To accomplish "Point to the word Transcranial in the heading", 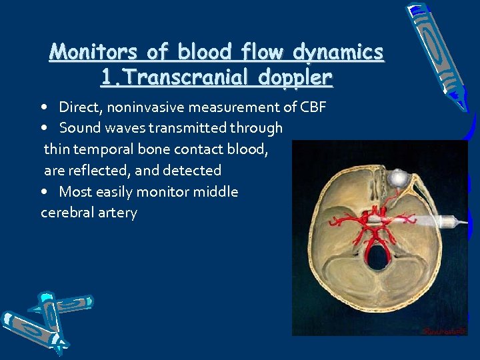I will tap(183, 77).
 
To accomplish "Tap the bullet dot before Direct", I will tap(43, 107).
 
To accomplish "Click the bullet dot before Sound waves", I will tap(43, 128).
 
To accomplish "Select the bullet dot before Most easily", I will tap(43, 192).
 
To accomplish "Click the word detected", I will tap(193, 171).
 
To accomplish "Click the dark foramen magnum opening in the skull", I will tap(377, 257).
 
